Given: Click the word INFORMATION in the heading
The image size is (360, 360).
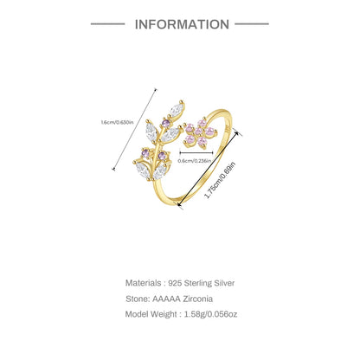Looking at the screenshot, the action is tap(182, 24).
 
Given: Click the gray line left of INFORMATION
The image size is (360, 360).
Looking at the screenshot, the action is tap(108, 24).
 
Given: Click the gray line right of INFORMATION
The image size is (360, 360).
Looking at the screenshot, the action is tap(252, 24).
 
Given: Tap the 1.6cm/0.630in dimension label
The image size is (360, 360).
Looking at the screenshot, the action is tap(117, 122).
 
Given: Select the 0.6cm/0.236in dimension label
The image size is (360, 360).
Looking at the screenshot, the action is tap(195, 161).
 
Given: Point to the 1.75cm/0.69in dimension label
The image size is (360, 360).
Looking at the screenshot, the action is tap(220, 181).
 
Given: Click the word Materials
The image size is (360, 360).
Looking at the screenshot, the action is tap(144, 283).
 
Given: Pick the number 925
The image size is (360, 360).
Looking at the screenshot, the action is tap(175, 283).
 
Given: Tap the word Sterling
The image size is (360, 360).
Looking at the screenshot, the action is tap(198, 283).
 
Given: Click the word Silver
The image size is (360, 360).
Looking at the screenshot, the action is tap(224, 283).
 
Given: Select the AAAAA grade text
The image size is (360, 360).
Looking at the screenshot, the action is tap(166, 299).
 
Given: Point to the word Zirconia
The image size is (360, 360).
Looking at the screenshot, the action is tap(198, 299).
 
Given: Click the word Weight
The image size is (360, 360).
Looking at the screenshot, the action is tap(164, 314).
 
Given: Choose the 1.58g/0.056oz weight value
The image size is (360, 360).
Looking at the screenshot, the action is tap(211, 314).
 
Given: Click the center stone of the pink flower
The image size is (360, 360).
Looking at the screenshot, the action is tap(198, 132).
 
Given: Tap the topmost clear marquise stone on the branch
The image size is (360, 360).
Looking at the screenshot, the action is tap(177, 109).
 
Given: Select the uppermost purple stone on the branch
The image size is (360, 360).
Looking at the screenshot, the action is tap(165, 124).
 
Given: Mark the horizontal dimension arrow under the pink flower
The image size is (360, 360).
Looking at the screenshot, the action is tap(196, 152).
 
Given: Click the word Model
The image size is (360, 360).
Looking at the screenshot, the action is tap(137, 314).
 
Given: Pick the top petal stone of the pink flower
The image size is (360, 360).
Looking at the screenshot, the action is tap(202, 123).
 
